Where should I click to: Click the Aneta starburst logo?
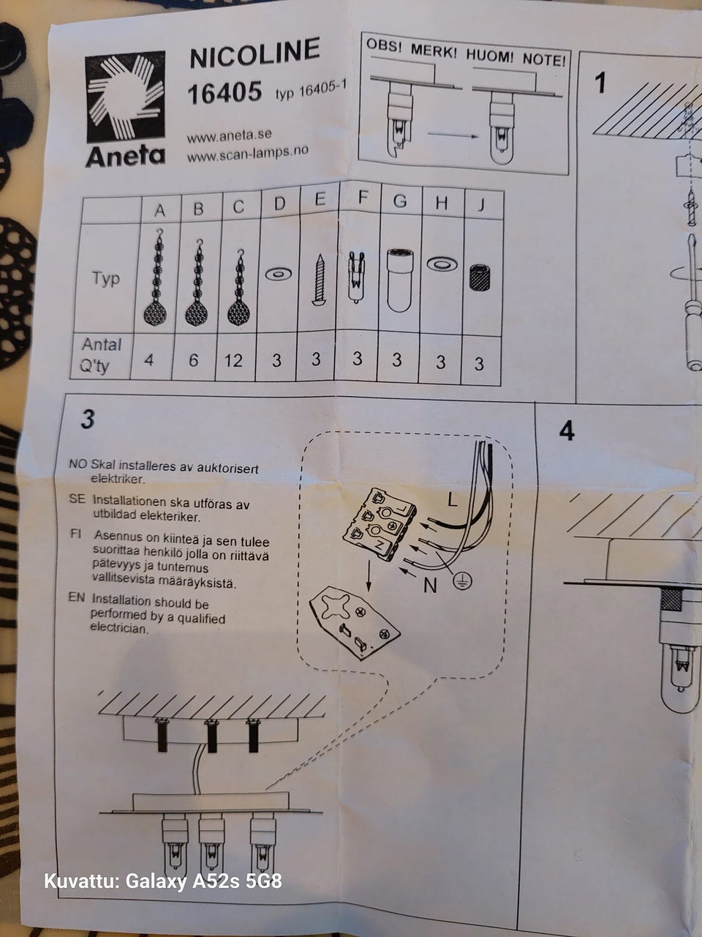125,97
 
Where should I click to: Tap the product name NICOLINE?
254,53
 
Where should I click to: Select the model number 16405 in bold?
224,93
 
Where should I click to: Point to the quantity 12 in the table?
233,361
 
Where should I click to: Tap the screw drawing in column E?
318,280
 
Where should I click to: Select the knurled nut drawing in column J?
479,278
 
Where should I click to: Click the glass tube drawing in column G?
399,281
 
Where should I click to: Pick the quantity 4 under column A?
148,361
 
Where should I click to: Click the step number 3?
88,419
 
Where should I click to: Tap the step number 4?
567,431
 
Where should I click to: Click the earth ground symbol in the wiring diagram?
462,581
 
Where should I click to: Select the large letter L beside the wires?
452,499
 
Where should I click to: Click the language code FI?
76,534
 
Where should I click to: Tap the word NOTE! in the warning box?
545,60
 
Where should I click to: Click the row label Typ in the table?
106,279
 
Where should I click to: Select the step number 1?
600,83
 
